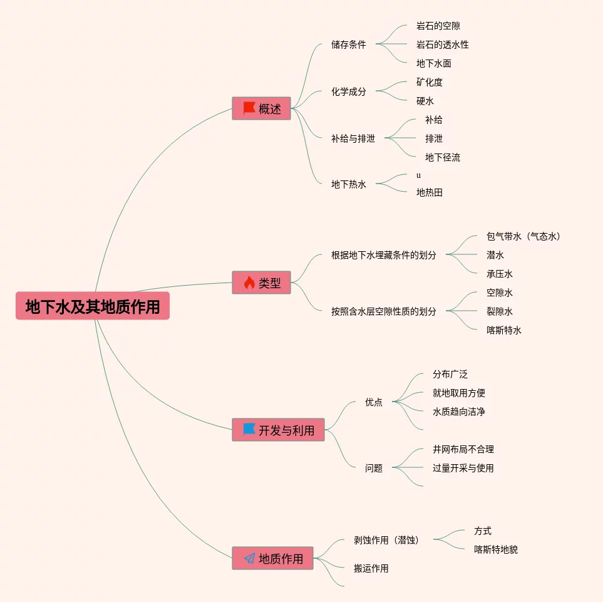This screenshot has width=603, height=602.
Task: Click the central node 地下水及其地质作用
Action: pyautogui.click(x=93, y=306)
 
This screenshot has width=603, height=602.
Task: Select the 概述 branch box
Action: pyautogui.click(x=261, y=108)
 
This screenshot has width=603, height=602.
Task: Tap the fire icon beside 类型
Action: pyautogui.click(x=249, y=283)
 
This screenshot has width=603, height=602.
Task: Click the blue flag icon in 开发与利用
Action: pyautogui.click(x=249, y=430)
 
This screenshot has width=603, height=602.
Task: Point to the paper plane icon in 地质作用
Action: pyautogui.click(x=249, y=558)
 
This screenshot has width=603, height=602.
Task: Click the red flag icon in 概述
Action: pyautogui.click(x=249, y=108)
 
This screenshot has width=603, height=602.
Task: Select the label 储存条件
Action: pyautogui.click(x=348, y=44)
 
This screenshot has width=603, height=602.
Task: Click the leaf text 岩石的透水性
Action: pyautogui.click(x=442, y=44)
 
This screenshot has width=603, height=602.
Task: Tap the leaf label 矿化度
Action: pyautogui.click(x=429, y=82)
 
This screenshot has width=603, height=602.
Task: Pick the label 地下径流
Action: pyautogui.click(x=442, y=157)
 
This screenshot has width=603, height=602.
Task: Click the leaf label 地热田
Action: pyautogui.click(x=429, y=192)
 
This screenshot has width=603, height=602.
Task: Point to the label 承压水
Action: pyautogui.click(x=499, y=274)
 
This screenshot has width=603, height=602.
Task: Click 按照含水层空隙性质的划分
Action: pyautogui.click(x=383, y=311)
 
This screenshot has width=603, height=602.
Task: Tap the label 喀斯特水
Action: pyautogui.click(x=503, y=330)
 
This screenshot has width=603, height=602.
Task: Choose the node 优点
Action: pyautogui.click(x=373, y=402)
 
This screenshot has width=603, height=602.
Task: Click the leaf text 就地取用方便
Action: pyautogui.click(x=458, y=393)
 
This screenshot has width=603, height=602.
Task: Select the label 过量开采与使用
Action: pyautogui.click(x=463, y=468)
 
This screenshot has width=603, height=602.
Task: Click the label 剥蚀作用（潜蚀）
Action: pyautogui.click(x=388, y=540)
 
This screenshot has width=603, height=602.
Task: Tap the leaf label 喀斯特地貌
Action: pyautogui.click(x=495, y=549)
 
